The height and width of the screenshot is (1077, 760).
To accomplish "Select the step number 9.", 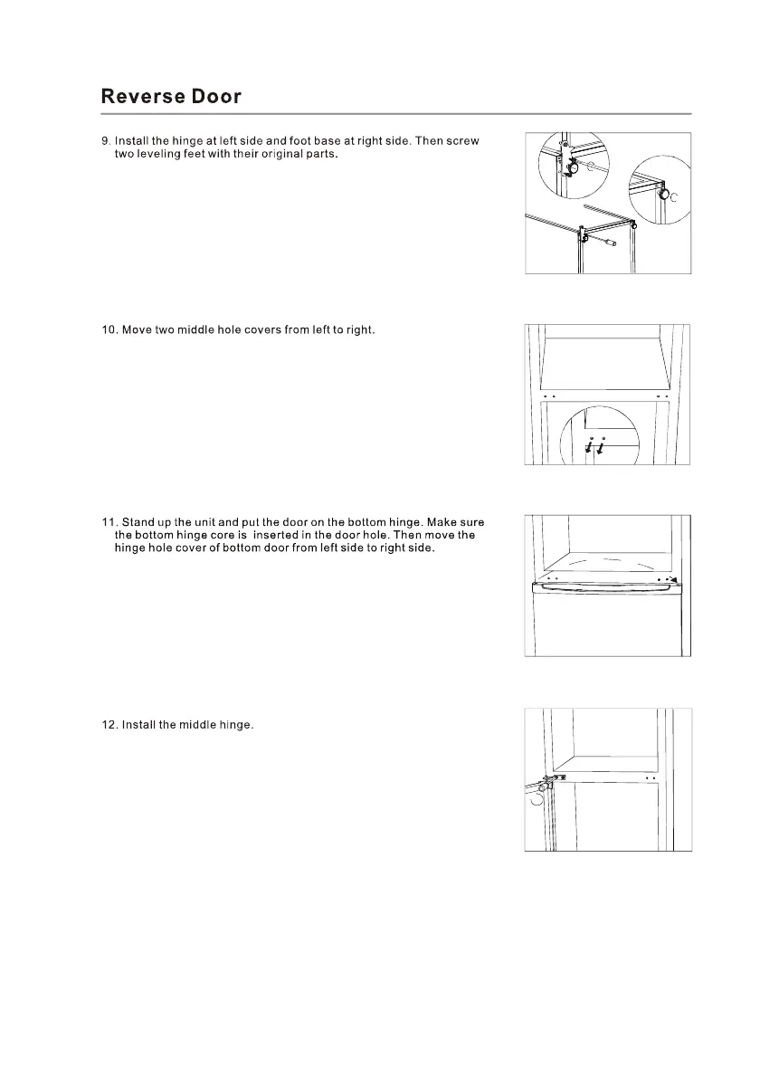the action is [x=104, y=141].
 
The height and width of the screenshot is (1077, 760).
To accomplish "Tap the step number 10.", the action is [x=109, y=330].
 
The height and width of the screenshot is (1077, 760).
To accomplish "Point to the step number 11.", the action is [x=108, y=522].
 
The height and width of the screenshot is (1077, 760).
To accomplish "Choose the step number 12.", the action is [x=109, y=726].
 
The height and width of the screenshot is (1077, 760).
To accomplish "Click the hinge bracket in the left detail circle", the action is [x=569, y=165].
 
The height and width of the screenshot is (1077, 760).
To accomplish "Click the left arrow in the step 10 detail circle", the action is [x=589, y=449].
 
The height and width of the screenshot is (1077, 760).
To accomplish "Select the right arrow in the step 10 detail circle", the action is [x=603, y=449].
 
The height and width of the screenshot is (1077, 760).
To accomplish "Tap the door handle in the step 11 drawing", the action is [x=606, y=588].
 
